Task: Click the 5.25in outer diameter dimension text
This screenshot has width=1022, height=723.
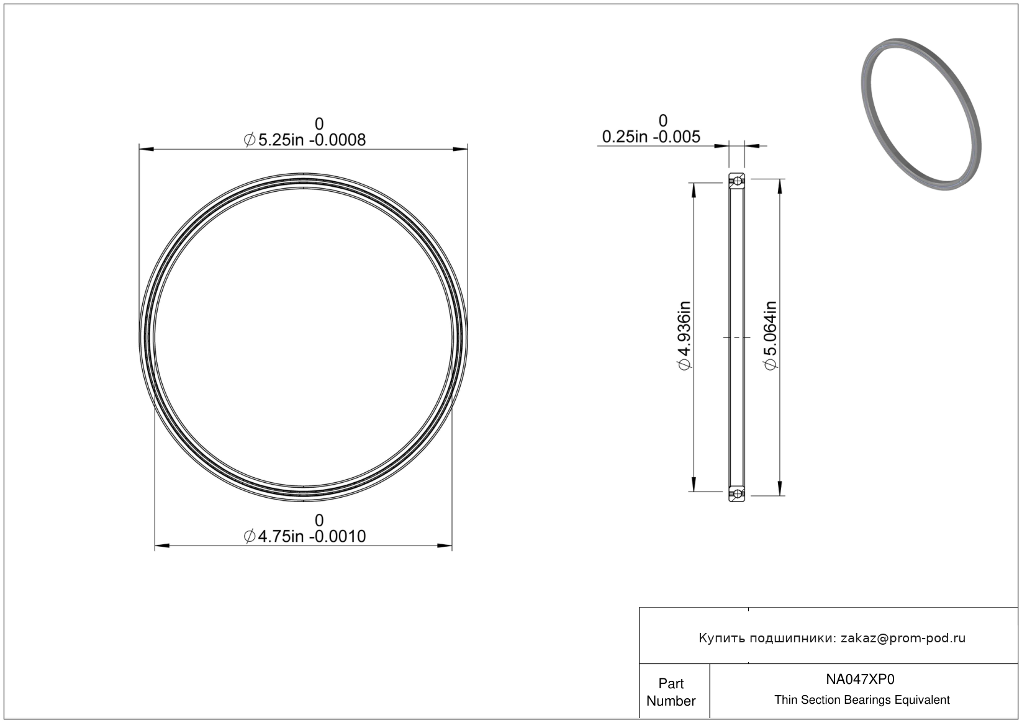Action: pos(305,140)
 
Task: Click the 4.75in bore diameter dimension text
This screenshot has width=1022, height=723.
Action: pos(305,536)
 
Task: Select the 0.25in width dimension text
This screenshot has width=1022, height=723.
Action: pos(651,137)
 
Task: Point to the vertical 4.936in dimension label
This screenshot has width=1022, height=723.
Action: pos(685,335)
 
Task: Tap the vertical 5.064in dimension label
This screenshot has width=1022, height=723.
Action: pos(771,335)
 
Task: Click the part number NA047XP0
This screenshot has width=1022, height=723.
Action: pos(860,679)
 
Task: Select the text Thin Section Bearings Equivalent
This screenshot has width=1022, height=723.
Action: pos(862,700)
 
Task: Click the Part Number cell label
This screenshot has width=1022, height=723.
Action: pos(671,692)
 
